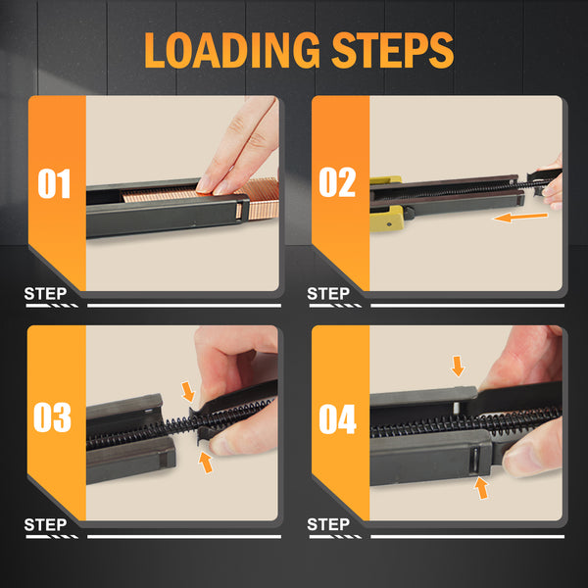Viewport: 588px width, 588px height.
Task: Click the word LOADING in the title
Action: point(231,50)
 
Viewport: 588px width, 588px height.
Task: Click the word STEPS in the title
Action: point(392,50)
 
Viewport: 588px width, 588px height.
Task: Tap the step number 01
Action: point(54,183)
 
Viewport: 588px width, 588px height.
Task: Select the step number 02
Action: point(337,182)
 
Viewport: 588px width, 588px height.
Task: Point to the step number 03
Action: point(53,417)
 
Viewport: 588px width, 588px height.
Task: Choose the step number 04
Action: point(337,418)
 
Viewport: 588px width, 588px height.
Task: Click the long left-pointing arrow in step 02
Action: point(520,218)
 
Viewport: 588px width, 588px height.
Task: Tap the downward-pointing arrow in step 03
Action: point(188,391)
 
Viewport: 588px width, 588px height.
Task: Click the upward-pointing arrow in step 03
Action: point(206,462)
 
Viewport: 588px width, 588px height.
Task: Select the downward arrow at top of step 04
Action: point(458,366)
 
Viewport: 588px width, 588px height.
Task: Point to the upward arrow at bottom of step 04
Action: point(481,487)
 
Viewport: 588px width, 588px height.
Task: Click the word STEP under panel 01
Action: point(45,293)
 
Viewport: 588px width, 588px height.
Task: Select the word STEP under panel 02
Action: point(328,293)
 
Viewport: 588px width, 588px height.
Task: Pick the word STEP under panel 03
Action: point(45,524)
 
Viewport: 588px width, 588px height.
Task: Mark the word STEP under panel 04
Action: point(328,524)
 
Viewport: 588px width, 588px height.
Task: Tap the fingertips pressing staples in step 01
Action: point(214,186)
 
